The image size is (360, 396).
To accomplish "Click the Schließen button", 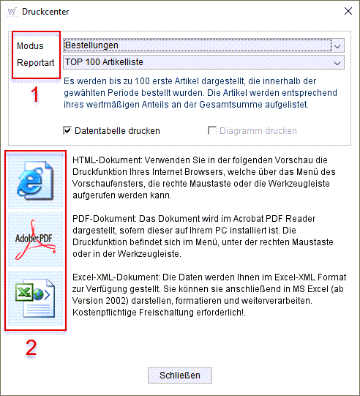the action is coord(180,376).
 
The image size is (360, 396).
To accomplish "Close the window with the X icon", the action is coord(348,11).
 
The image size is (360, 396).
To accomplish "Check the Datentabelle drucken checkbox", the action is coord(67,130).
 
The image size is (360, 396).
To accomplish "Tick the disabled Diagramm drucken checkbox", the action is coord(212,130).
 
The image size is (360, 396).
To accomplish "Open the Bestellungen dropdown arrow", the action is coord(337,45).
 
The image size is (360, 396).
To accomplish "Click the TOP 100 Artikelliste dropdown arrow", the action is coord(337,63).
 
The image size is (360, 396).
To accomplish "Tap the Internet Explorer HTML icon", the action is coord(35,181).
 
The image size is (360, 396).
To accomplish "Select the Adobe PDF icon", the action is coord(35,239).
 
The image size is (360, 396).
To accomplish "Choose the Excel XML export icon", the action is coord(35,298).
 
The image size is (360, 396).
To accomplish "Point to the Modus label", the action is coord(30,46).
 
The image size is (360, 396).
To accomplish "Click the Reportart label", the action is coord(36,63).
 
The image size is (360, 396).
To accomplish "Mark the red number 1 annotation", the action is coord(35,94).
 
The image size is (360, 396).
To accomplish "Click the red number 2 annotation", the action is coord(31,348).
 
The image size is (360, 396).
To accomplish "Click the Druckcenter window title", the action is coord(45,12).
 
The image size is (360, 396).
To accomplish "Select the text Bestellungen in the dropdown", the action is coord(91,45).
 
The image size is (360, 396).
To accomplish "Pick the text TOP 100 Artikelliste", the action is coord(104,62).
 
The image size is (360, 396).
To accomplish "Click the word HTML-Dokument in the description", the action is coord(108,160).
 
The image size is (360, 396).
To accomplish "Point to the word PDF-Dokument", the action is coord(105,219).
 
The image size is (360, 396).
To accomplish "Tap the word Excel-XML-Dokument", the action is coord(116,277).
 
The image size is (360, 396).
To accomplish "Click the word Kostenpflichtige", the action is coord(104,313).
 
